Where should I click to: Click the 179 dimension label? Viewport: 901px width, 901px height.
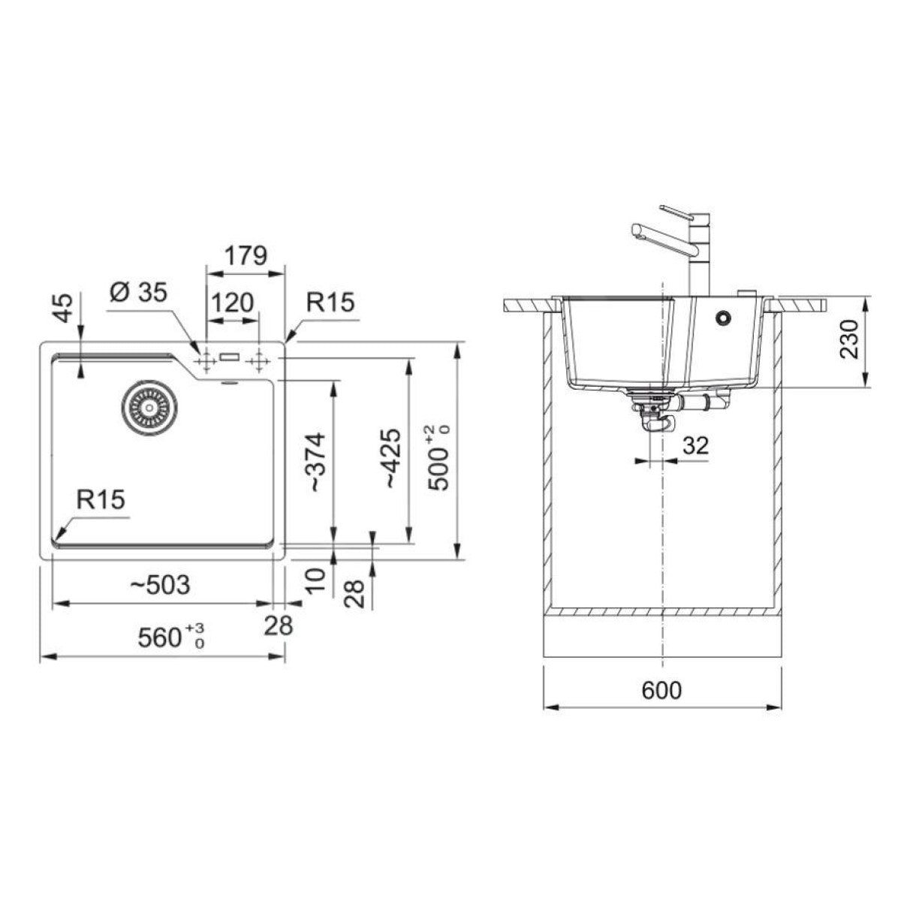click(246, 255)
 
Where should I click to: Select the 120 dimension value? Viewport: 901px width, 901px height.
click(232, 303)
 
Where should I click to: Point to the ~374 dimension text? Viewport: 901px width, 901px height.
click(315, 462)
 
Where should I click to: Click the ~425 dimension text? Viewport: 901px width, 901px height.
click(393, 459)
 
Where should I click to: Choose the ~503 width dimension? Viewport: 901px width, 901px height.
click(160, 585)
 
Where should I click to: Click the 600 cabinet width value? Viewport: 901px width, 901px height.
click(661, 690)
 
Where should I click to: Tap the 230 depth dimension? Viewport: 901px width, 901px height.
click(848, 339)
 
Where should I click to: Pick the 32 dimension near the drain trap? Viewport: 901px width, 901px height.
click(696, 445)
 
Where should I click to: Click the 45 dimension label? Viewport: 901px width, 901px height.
click(64, 308)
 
